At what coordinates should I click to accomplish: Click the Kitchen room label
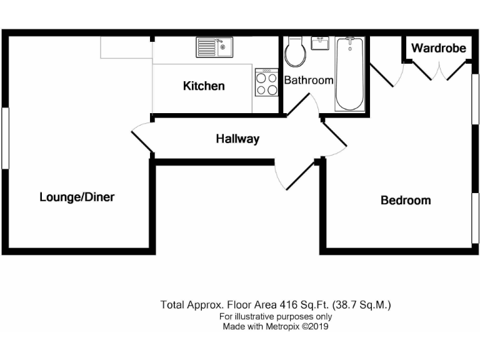click(204, 86)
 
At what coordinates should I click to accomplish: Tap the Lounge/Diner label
click(77, 197)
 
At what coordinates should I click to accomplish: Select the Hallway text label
click(237, 139)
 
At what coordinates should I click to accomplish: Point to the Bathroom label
click(309, 80)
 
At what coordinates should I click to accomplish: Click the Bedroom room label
click(406, 201)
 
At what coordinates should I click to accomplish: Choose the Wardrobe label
click(439, 47)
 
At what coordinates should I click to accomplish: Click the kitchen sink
click(214, 47)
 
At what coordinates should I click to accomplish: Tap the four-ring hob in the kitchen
click(266, 82)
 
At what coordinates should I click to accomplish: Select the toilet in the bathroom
click(295, 53)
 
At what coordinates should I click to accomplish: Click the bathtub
click(350, 74)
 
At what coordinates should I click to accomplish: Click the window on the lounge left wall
click(5, 137)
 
